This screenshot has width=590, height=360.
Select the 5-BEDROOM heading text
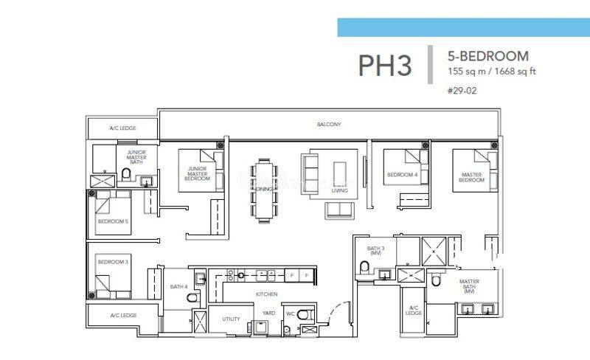coord(487,56)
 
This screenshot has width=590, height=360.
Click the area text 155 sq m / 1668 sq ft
coord(492,72)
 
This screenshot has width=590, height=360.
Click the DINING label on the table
coord(263,190)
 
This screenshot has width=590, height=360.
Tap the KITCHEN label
coord(266,294)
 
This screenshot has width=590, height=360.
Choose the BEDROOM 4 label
coord(402,175)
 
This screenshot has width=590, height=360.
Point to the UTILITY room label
coord(230,319)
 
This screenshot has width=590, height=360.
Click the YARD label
coord(268,313)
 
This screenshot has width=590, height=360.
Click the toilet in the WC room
coord(308,316)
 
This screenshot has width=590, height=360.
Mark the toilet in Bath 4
coord(192,297)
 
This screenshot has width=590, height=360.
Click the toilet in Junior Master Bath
coord(126,174)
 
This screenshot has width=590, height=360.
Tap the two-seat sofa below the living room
coord(339,209)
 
